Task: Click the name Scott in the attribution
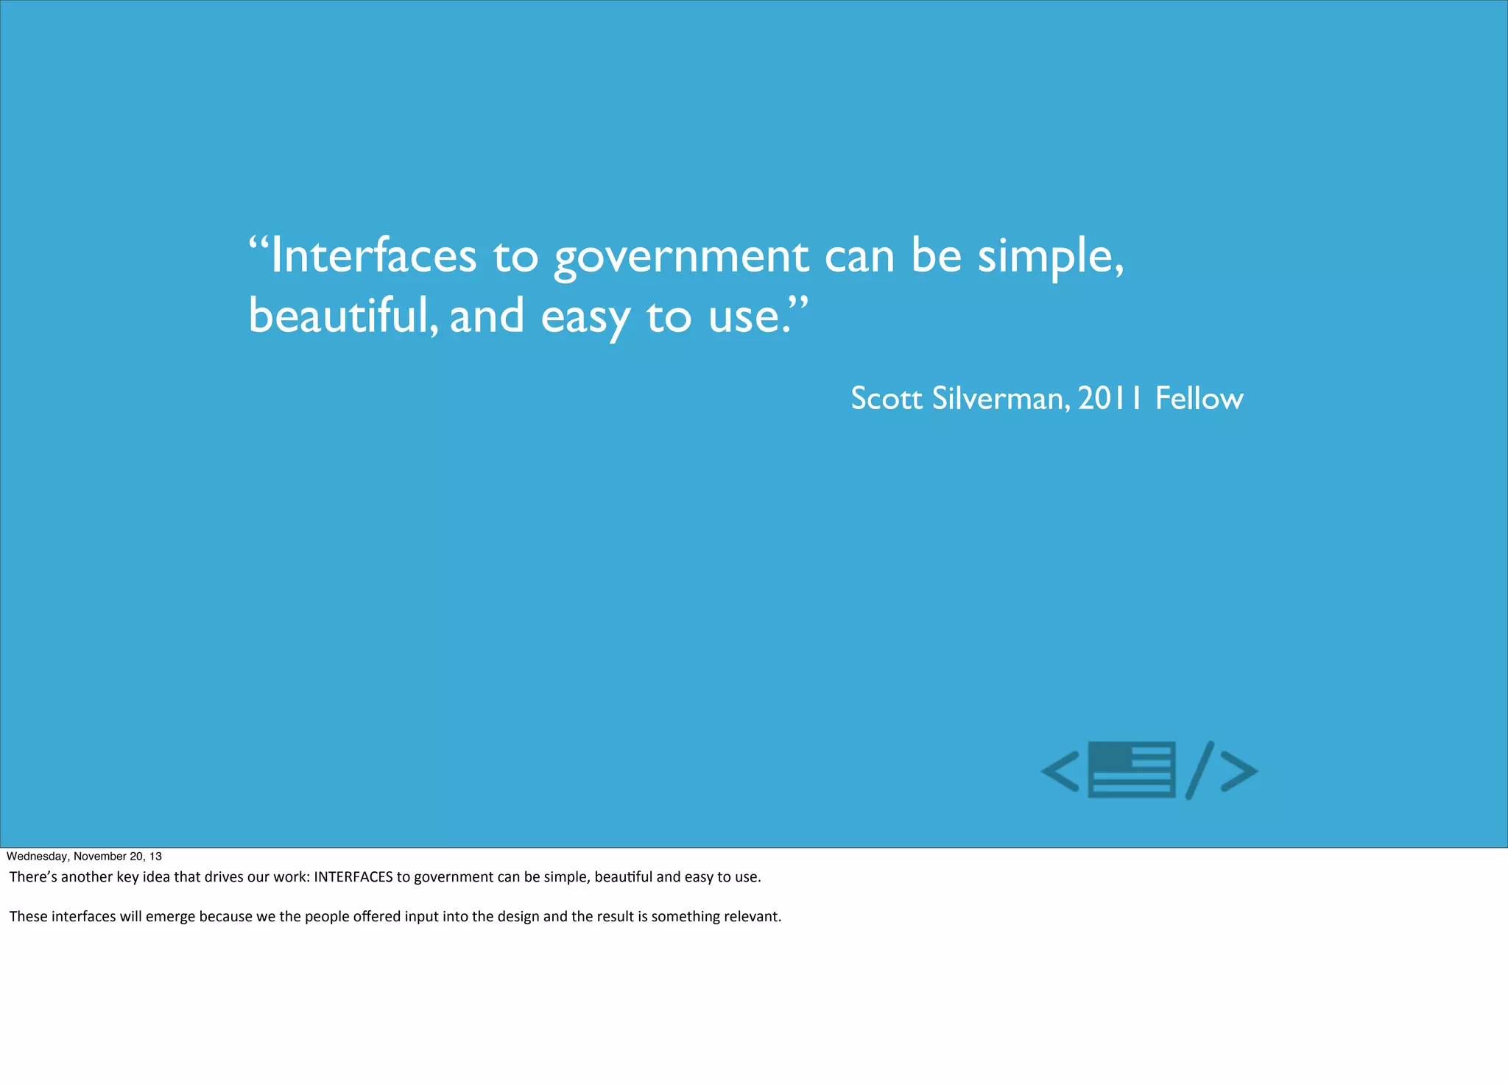pyautogui.click(x=887, y=399)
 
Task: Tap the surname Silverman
pyautogui.click(x=998, y=399)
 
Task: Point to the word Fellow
pyautogui.click(x=1199, y=399)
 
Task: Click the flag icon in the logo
pyautogui.click(x=1131, y=770)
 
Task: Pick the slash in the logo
pyautogui.click(x=1199, y=770)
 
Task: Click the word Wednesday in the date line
pyautogui.click(x=38, y=857)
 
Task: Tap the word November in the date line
pyautogui.click(x=100, y=857)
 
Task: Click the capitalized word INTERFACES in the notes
pyautogui.click(x=353, y=877)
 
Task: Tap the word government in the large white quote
pyautogui.click(x=681, y=258)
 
